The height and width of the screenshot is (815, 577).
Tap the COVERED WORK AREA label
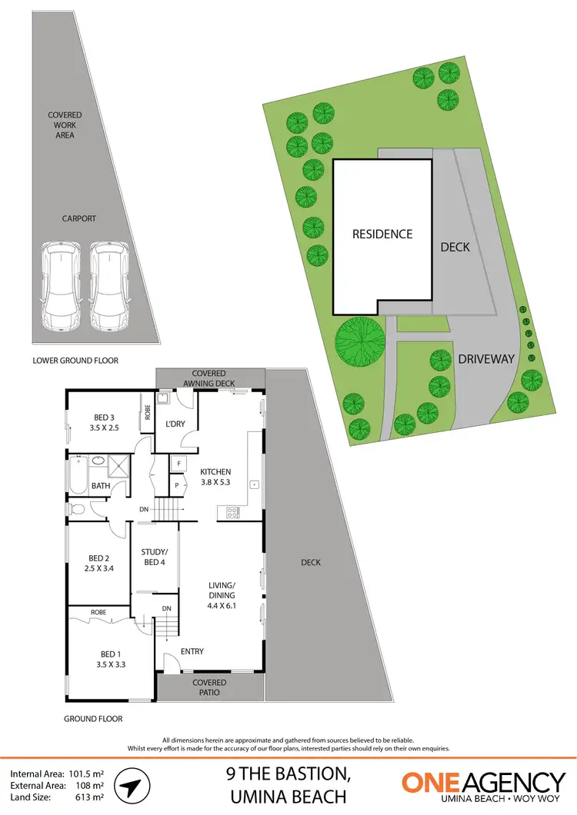click(65, 125)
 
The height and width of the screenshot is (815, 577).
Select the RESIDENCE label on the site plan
click(382, 235)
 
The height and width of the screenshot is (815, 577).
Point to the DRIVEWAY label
click(486, 359)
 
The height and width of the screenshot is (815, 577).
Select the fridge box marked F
click(178, 464)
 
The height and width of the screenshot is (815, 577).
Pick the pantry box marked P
click(178, 485)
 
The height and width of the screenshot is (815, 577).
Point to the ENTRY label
click(192, 652)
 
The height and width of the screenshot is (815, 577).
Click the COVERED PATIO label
click(209, 687)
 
